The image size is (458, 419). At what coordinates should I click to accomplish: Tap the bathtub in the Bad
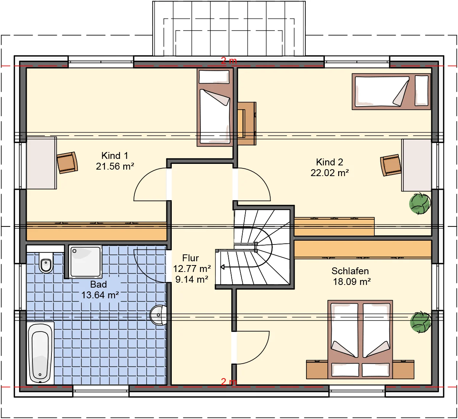(40, 353)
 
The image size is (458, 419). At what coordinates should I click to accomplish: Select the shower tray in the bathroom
(85, 262)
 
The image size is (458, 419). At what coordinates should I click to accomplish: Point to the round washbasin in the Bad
(158, 315)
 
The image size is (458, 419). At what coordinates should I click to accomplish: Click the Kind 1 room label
(114, 156)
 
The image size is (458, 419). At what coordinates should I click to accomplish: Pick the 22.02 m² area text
(329, 173)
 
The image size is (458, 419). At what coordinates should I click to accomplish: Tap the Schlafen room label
(350, 271)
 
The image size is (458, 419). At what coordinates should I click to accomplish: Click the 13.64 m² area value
(100, 295)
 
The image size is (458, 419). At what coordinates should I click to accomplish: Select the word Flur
(190, 258)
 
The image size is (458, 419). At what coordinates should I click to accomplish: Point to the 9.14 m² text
(192, 279)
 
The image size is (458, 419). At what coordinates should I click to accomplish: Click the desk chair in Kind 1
(67, 163)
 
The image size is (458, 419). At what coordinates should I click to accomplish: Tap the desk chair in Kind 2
(391, 165)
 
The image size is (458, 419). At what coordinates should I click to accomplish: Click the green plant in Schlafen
(421, 322)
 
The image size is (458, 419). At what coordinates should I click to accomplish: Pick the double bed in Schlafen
(360, 340)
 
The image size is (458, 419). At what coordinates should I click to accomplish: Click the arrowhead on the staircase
(223, 267)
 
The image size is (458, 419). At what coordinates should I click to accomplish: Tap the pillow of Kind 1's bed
(214, 77)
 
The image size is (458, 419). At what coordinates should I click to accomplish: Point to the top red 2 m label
(229, 61)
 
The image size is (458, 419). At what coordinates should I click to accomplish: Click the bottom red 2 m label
(229, 382)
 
